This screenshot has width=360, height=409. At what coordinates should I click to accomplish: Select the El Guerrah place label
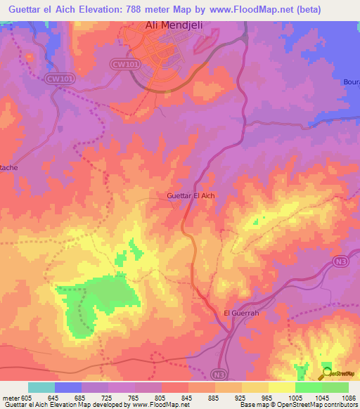click(241, 313)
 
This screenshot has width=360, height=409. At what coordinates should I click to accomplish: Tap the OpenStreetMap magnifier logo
click(328, 374)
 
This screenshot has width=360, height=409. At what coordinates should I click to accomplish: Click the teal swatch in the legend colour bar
click(41, 387)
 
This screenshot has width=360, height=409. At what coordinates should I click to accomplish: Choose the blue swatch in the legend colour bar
click(68, 387)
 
